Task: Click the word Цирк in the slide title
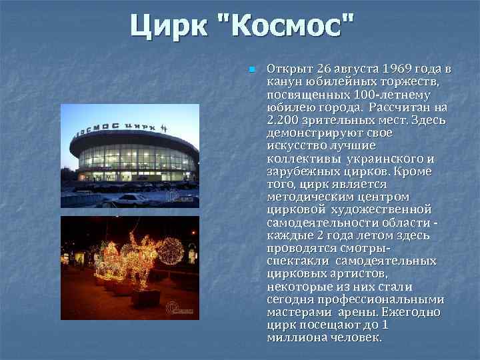(166, 27)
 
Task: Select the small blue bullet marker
(251, 69)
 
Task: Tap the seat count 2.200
(282, 120)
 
